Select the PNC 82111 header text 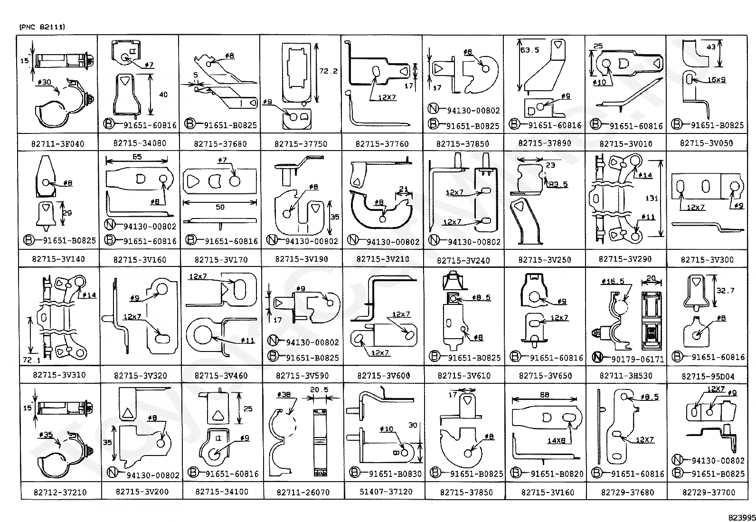pos(42,27)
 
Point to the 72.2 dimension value pos(328,71)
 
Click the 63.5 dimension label pos(529,49)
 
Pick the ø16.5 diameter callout pos(613,281)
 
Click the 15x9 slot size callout pos(716,80)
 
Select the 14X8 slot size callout pos(556,440)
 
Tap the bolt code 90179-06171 pos(637,359)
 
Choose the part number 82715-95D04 pos(708,376)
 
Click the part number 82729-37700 pos(708,493)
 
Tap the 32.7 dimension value pos(725,291)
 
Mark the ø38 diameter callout pos(283,394)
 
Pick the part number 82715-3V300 pos(707,259)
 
